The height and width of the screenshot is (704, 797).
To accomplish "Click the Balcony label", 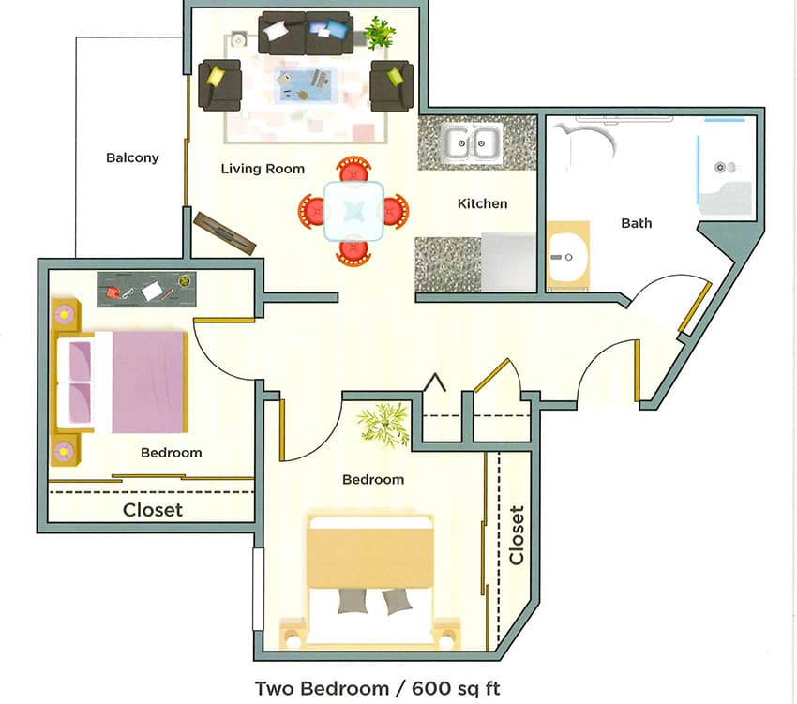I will point(132,158).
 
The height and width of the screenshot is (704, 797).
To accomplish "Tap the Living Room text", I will point(263,170).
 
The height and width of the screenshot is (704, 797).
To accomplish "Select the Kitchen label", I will point(482,203).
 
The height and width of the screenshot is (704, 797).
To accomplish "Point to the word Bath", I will point(636,223).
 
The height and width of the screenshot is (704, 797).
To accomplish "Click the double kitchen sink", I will point(471,143).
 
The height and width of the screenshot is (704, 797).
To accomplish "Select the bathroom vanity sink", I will point(566,256).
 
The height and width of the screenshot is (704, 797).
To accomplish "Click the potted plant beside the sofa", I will point(379,33).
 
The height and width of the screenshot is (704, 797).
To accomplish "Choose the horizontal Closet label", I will point(153,511).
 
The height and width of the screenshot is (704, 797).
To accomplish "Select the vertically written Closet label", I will point(516,535).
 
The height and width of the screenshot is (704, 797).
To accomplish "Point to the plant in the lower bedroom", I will point(384,425).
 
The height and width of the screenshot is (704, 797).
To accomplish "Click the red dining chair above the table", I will point(353,171).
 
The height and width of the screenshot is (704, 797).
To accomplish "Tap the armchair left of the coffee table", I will point(219,85).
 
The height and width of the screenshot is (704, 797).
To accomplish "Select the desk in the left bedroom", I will point(148,289).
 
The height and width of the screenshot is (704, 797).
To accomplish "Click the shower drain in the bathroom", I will point(720,167).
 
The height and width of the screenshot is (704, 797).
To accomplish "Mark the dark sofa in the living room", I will point(306,34).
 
